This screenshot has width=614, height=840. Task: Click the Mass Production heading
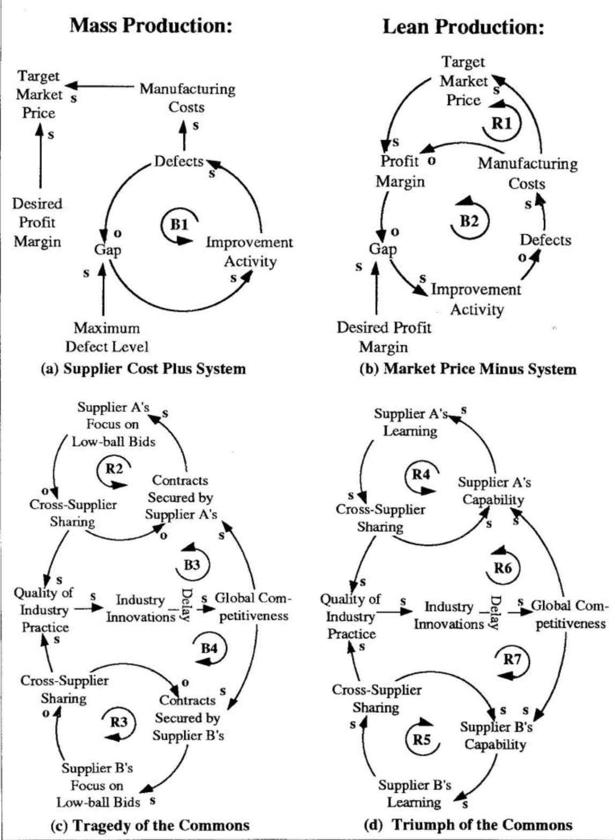pyautogui.click(x=152, y=26)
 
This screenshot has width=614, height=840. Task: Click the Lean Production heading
pyautogui.click(x=463, y=27)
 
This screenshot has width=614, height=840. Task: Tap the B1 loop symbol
pyautogui.click(x=179, y=225)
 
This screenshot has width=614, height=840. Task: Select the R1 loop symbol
pyautogui.click(x=501, y=124)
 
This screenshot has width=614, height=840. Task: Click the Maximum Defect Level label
pyautogui.click(x=107, y=337)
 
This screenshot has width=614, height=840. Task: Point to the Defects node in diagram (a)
pyautogui.click(x=179, y=161)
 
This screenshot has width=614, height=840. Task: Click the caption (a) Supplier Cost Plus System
pyautogui.click(x=144, y=369)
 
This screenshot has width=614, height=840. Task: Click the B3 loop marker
pyautogui.click(x=192, y=565)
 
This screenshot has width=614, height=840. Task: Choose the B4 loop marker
pyautogui.click(x=209, y=648)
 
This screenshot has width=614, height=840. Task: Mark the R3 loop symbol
pyautogui.click(x=119, y=722)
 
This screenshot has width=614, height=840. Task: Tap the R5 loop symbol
pyautogui.click(x=422, y=740)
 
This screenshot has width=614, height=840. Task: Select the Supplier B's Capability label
pyautogui.click(x=496, y=735)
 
